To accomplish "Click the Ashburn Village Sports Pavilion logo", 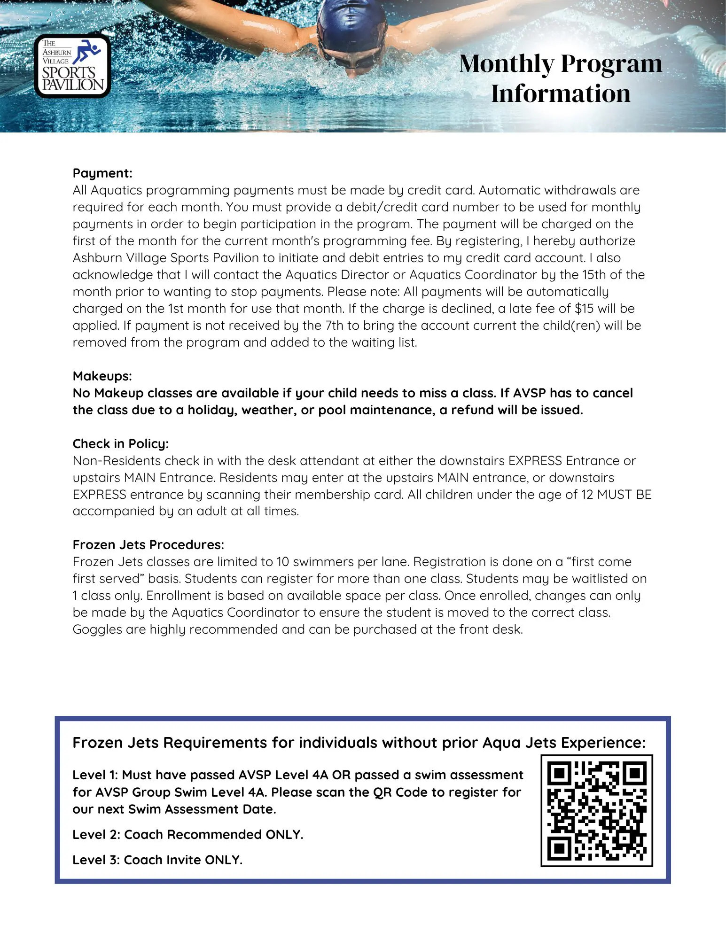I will [x=73, y=66].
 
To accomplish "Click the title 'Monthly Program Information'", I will [x=561, y=78].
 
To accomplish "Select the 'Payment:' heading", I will [x=102, y=173].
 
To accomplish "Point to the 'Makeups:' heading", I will [x=102, y=376].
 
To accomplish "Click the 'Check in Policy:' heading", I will [x=120, y=444].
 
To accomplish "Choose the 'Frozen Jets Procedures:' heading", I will [x=148, y=545].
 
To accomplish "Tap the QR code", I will [x=597, y=811].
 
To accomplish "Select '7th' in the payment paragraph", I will [x=334, y=326].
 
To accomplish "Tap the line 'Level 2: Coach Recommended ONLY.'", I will [x=188, y=835].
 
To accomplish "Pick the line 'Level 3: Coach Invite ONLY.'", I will [x=157, y=860].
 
